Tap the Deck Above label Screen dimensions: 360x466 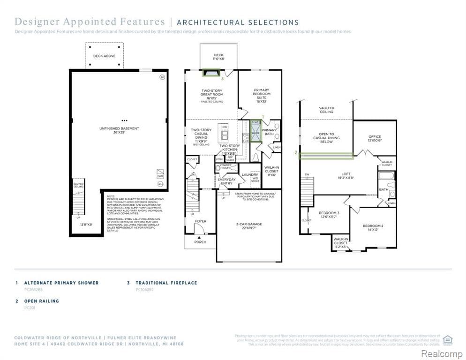tap(104, 56)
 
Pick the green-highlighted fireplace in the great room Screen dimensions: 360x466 tap(210, 73)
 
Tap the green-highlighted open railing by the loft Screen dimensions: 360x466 tap(326, 156)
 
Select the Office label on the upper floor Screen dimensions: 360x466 tap(375, 138)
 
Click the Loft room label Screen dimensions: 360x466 tap(345, 175)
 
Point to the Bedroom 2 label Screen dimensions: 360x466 tap(373, 228)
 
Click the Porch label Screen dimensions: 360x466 tap(200, 242)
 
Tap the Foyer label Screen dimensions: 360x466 tap(200, 221)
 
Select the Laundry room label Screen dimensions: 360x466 tap(249, 175)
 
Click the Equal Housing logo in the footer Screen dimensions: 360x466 tap(447, 339)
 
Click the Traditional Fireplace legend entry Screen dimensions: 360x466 tap(166, 283)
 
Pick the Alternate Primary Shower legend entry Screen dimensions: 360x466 tap(61, 283)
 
